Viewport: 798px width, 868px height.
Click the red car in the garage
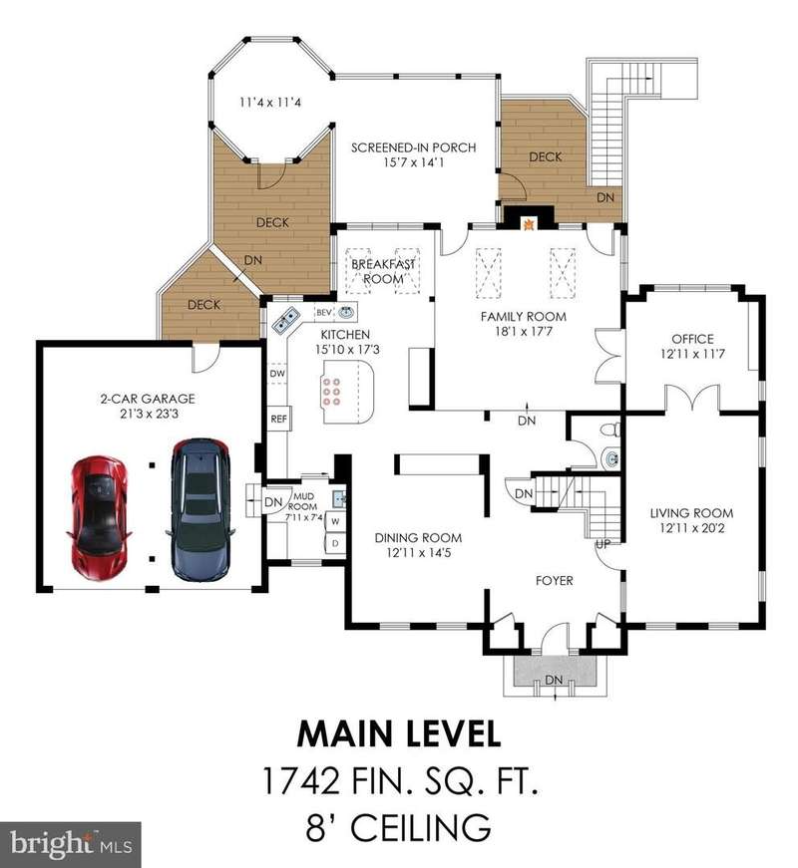pyautogui.click(x=100, y=518)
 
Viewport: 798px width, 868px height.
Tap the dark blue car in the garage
pyautogui.click(x=200, y=510)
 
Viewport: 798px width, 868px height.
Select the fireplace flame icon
pyautogui.click(x=529, y=224)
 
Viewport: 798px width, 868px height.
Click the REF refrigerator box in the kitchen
pyautogui.click(x=278, y=420)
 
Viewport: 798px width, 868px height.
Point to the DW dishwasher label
pyautogui.click(x=277, y=374)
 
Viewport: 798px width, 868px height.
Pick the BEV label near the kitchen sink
pyautogui.click(x=324, y=313)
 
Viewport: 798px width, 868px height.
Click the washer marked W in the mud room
pyautogui.click(x=335, y=521)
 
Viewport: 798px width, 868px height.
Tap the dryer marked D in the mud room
pyautogui.click(x=335, y=543)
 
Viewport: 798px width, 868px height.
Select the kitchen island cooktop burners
pyautogui.click(x=332, y=392)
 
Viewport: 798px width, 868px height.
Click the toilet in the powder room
pyautogui.click(x=611, y=431)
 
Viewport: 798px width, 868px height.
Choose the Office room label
pyautogui.click(x=692, y=339)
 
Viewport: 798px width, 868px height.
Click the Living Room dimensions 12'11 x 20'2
pyautogui.click(x=692, y=528)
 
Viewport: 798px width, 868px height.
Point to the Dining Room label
pyautogui.click(x=418, y=537)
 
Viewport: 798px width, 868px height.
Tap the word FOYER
pyautogui.click(x=555, y=581)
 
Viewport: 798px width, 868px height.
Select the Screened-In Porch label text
pyautogui.click(x=413, y=147)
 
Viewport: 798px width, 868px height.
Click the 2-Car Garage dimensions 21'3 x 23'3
pyautogui.click(x=149, y=414)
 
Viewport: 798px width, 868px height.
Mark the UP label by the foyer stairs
pyautogui.click(x=602, y=544)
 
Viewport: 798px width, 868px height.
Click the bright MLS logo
pyautogui.click(x=71, y=845)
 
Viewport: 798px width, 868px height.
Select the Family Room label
pyautogui.click(x=524, y=317)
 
